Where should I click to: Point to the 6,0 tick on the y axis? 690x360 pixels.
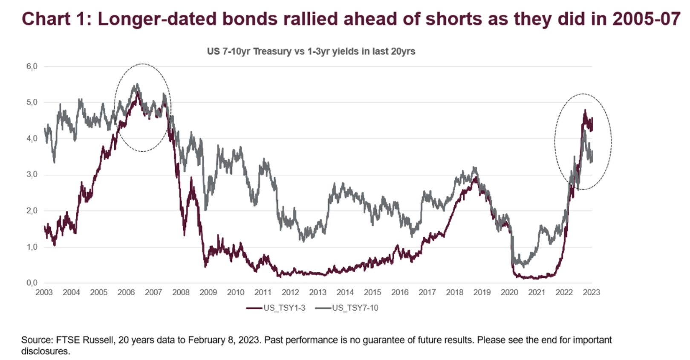32,66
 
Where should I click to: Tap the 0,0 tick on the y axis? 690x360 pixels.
32,283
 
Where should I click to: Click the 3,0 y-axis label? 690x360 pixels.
32,175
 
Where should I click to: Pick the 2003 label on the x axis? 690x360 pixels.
44,292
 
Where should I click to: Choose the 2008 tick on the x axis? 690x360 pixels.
181,292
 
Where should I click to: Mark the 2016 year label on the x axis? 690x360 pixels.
400,292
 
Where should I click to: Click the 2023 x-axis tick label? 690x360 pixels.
591,292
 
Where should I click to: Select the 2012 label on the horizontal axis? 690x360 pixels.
290,292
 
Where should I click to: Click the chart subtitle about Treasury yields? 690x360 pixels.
311,52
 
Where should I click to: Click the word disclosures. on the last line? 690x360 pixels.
46,351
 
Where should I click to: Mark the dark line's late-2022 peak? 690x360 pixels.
585,111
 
